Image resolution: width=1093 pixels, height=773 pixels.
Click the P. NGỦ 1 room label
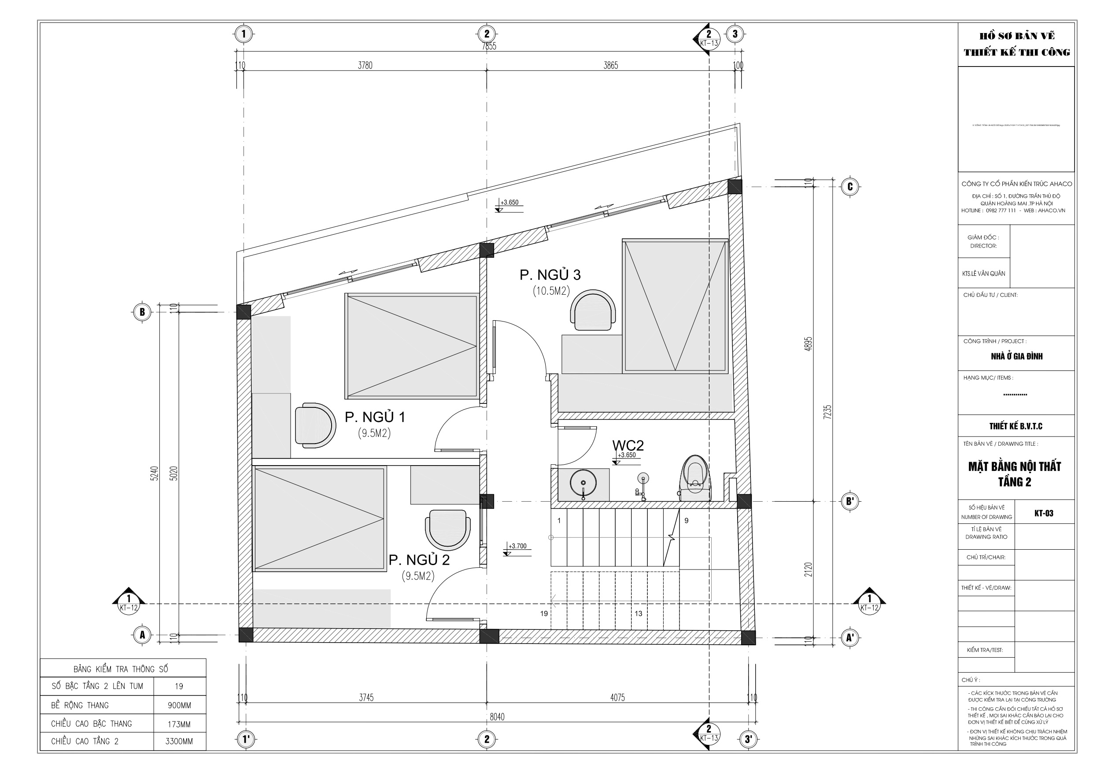pos(375,417)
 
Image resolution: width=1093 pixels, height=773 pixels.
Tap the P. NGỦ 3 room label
pos(550,275)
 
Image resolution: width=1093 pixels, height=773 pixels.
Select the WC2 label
pos(628,445)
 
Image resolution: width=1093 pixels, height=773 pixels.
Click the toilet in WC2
pos(695,478)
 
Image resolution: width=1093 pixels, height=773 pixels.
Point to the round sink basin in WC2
pos(583,483)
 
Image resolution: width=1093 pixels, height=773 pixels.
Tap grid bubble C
pos(850,187)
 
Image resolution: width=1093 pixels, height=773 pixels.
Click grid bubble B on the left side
pos(142,312)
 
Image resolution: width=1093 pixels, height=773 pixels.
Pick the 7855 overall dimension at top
pos(489,46)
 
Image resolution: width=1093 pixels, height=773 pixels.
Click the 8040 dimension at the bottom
pos(497,717)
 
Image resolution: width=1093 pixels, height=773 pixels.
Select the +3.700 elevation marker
pos(517,546)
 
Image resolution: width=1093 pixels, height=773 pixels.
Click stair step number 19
pos(544,614)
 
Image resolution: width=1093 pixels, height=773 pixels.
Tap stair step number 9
pos(687,521)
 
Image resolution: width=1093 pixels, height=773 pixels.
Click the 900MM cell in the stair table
pos(179,705)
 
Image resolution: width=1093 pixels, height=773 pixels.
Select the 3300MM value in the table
pos(179,742)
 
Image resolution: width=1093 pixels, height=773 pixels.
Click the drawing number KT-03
pos(1044,514)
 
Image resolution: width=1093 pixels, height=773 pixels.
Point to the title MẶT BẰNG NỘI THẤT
pos(1015,466)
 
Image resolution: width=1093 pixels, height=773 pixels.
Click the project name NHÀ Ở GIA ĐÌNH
pos(1016,356)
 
